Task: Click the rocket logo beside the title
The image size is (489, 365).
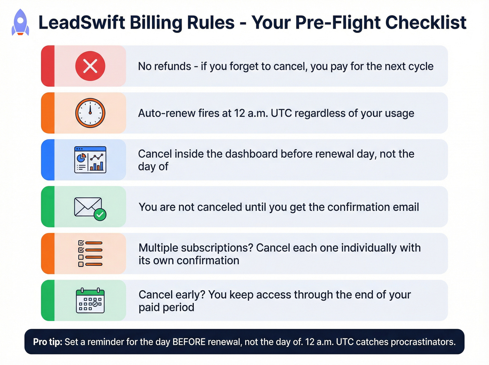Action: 20,22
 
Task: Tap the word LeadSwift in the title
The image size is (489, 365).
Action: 82,23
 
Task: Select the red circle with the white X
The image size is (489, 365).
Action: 90,66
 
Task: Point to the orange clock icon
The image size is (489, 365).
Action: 90,113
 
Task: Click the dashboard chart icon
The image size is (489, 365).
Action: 90,160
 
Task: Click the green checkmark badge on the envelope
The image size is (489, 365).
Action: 100,214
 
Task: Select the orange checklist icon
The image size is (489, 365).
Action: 90,254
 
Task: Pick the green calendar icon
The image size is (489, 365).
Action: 90,300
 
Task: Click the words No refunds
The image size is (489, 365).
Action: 165,66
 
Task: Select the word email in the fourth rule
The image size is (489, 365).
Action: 406,207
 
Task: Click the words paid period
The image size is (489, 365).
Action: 166,307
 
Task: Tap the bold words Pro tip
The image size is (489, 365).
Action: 48,342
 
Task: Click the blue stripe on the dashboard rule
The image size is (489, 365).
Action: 48,160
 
